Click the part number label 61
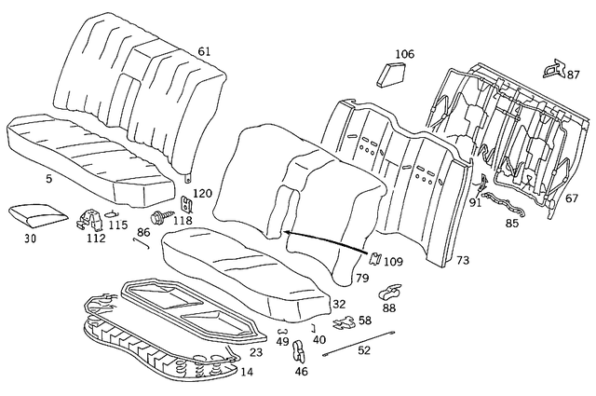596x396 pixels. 204,51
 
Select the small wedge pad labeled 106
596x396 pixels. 390,75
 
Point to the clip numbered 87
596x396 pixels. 554,68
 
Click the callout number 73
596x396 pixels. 463,260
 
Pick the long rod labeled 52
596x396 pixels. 359,344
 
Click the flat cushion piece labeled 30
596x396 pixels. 37,215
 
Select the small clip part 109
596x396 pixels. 374,259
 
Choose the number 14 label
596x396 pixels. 247,372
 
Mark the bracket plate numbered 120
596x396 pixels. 186,204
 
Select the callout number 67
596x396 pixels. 572,198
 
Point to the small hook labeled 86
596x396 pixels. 141,242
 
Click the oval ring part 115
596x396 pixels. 112,213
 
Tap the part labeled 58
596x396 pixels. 345,322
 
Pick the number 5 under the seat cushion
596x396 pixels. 48,178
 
